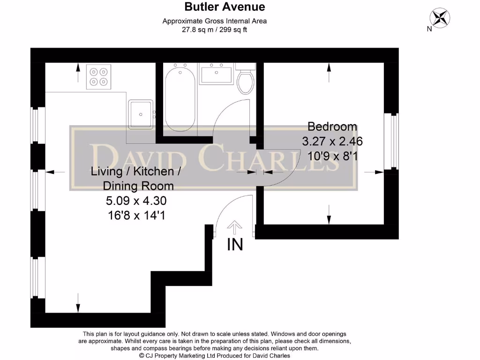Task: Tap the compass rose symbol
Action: point(440,18)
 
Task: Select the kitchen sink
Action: point(140,114)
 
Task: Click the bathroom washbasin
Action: point(216,74)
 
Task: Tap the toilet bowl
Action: point(246,82)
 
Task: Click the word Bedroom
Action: point(332,127)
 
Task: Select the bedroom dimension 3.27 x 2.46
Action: point(332,141)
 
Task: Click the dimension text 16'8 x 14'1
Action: point(136,216)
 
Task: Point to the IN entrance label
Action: point(235,245)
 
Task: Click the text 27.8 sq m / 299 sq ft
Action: point(214,30)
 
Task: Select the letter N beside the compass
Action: point(429,29)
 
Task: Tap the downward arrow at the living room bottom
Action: point(78,302)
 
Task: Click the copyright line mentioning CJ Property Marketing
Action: point(214,356)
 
